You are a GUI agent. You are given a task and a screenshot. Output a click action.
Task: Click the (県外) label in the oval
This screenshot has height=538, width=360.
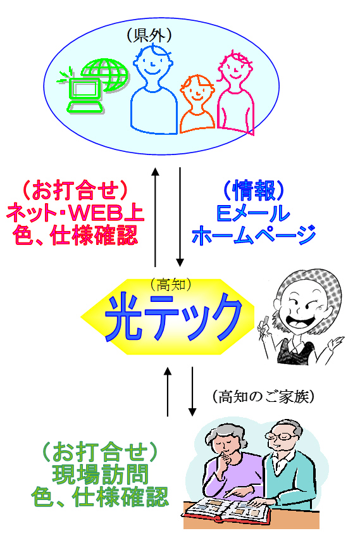coord(149,35)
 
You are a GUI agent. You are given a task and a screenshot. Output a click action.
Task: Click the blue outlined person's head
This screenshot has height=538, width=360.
coord(152,62)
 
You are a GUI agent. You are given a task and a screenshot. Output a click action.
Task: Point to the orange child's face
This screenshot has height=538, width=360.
coord(197,90)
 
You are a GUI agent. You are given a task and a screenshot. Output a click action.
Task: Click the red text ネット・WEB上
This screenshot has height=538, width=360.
coord(75,213)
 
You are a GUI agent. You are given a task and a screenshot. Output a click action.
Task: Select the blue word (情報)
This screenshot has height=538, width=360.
coord(254,191)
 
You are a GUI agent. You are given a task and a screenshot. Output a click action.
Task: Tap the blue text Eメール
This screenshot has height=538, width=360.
coord(253,213)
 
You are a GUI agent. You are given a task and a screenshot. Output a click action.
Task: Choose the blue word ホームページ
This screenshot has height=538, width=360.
coord(254,235)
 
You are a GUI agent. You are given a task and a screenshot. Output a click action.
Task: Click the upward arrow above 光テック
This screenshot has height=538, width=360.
coord(155,217)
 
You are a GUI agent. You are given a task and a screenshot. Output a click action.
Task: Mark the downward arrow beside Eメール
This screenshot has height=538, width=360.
coord(180,217)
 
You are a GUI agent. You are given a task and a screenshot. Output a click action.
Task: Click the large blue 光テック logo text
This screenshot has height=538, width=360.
coord(173,317)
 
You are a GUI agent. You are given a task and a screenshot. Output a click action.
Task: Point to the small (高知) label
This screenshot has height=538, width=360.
coord(170,284)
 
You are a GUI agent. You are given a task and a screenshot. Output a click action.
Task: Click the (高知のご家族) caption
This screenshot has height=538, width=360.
coord(263,397)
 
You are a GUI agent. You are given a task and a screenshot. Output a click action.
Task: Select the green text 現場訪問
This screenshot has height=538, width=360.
coord(100,474)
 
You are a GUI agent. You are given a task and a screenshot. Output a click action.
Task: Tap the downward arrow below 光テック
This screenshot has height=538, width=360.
coord(192,392)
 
